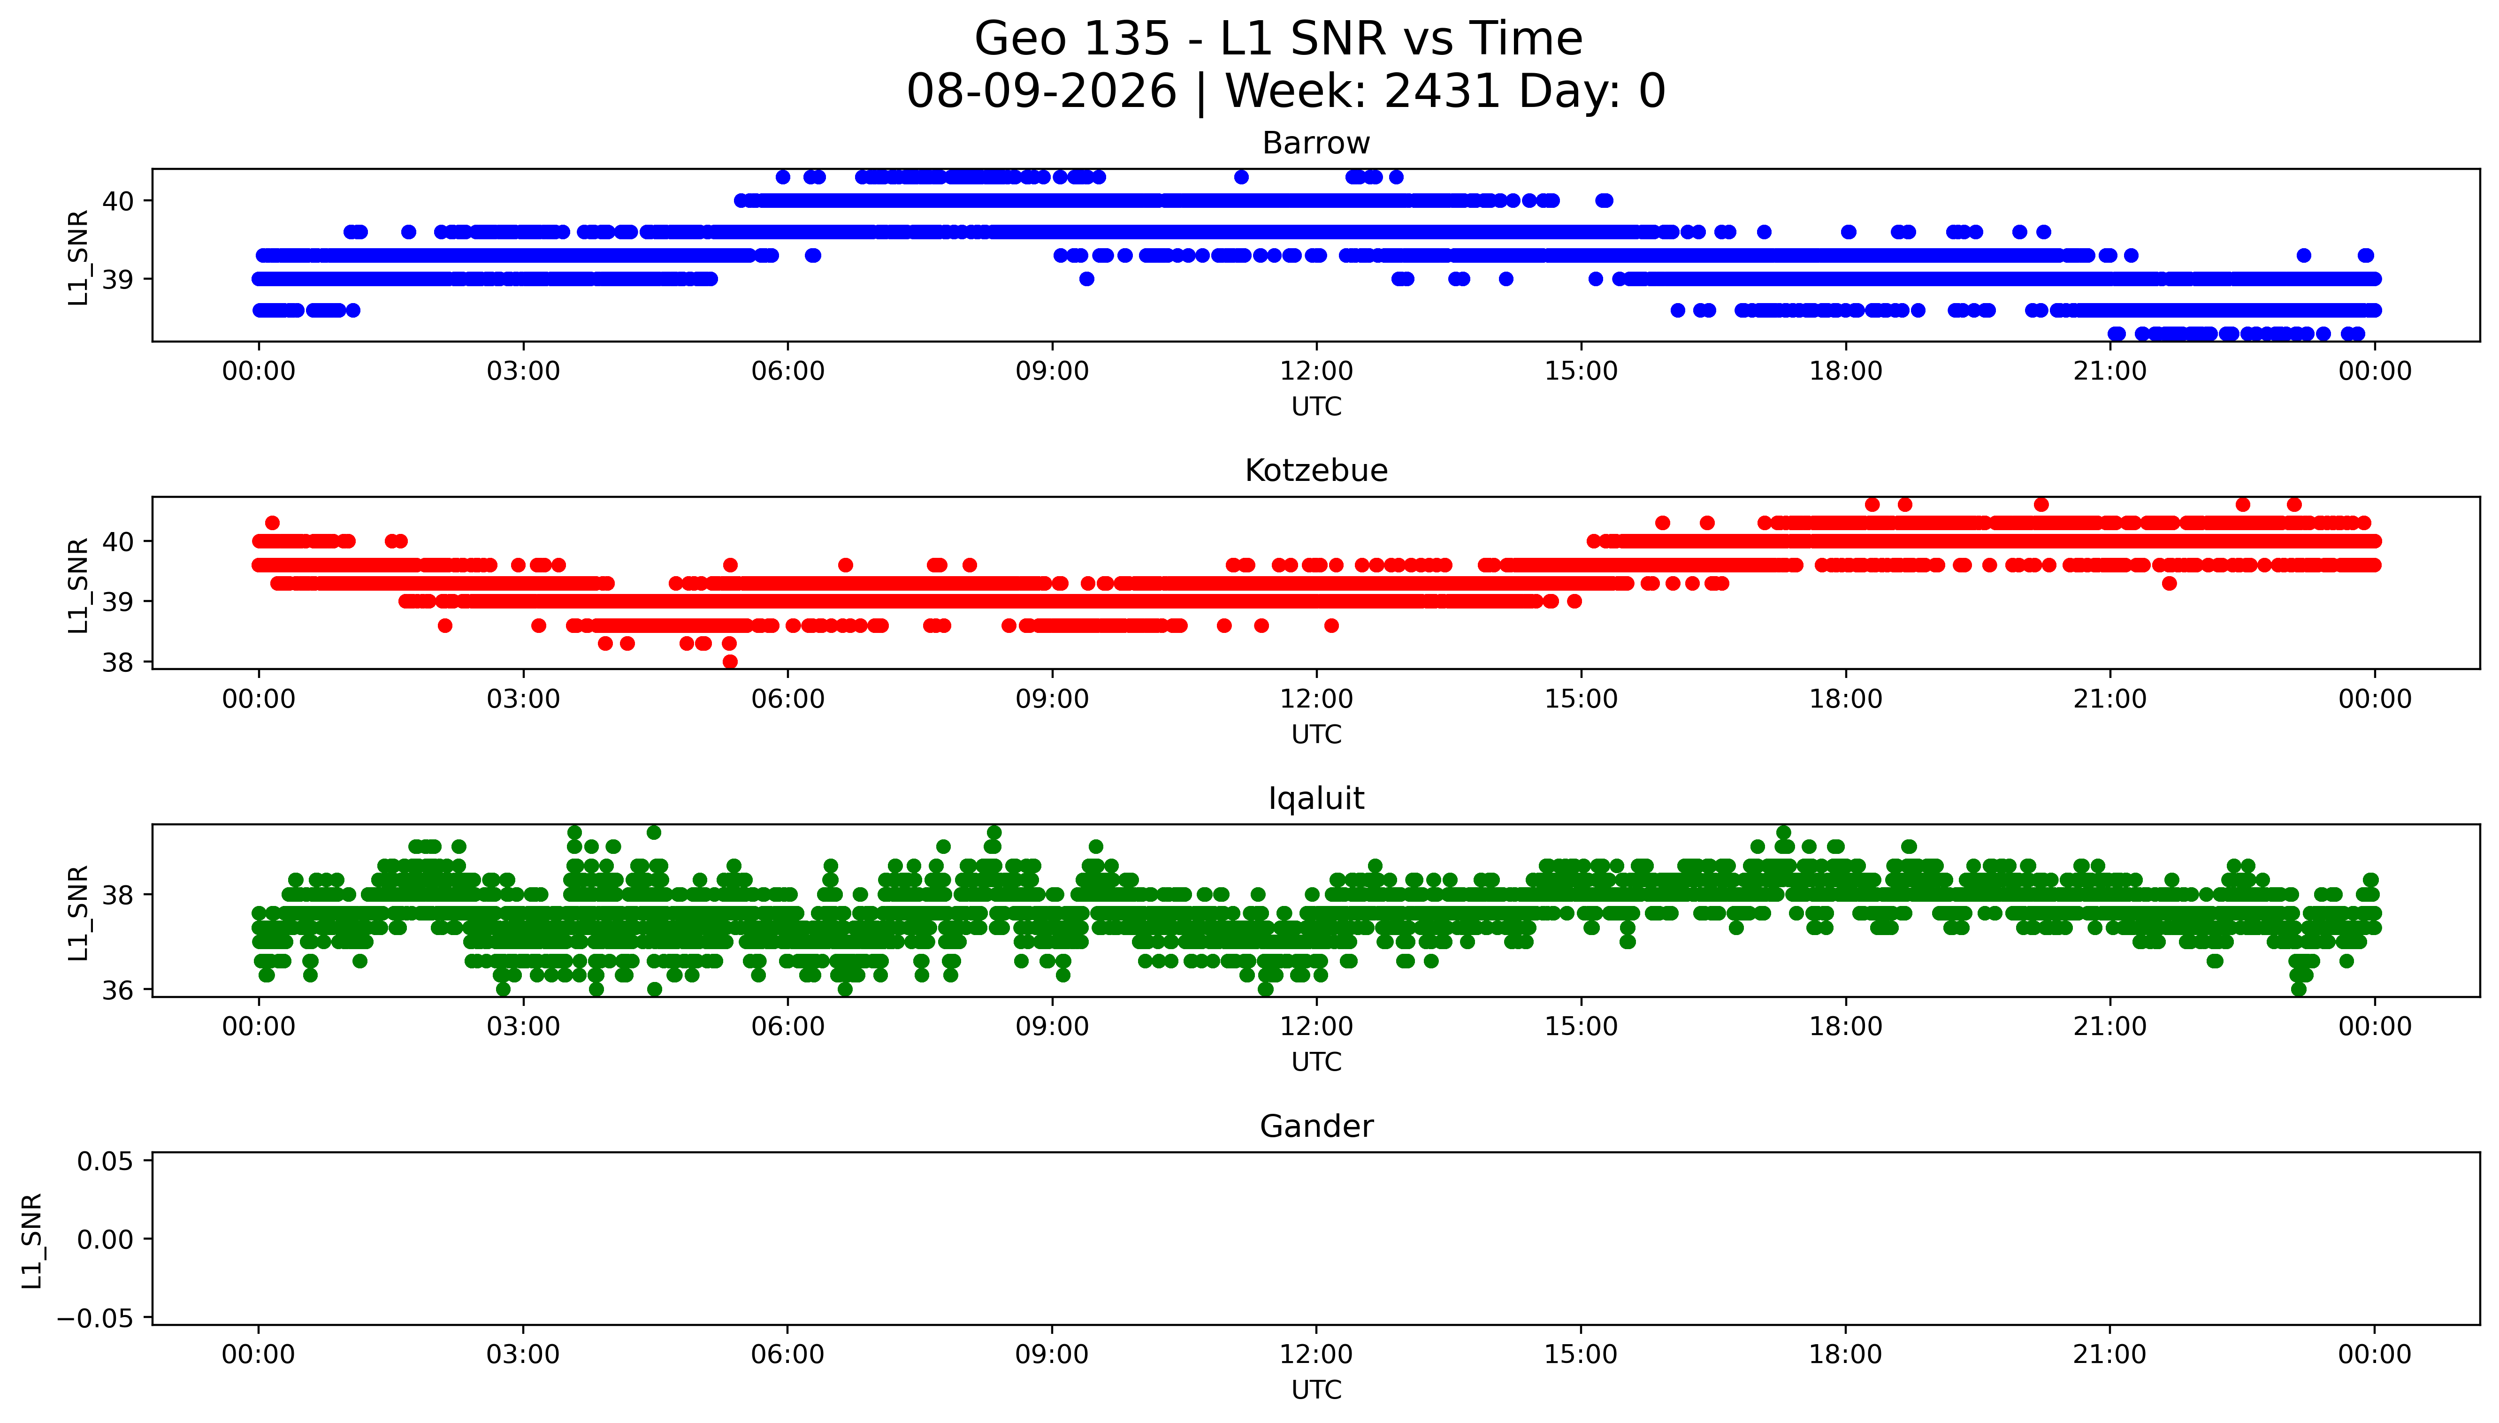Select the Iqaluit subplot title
pyautogui.click(x=1315, y=799)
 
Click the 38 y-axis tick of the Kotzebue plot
pyautogui.click(x=118, y=662)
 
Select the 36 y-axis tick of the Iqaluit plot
pyautogui.click(x=118, y=990)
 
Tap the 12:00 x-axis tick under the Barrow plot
pyautogui.click(x=1316, y=372)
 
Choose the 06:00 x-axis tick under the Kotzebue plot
pyautogui.click(x=788, y=699)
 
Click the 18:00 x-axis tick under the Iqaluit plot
pyautogui.click(x=1845, y=1026)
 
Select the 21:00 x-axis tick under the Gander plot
pyautogui.click(x=2110, y=1355)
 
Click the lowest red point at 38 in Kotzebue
pyautogui.click(x=729, y=662)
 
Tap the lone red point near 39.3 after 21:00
pyautogui.click(x=2169, y=584)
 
